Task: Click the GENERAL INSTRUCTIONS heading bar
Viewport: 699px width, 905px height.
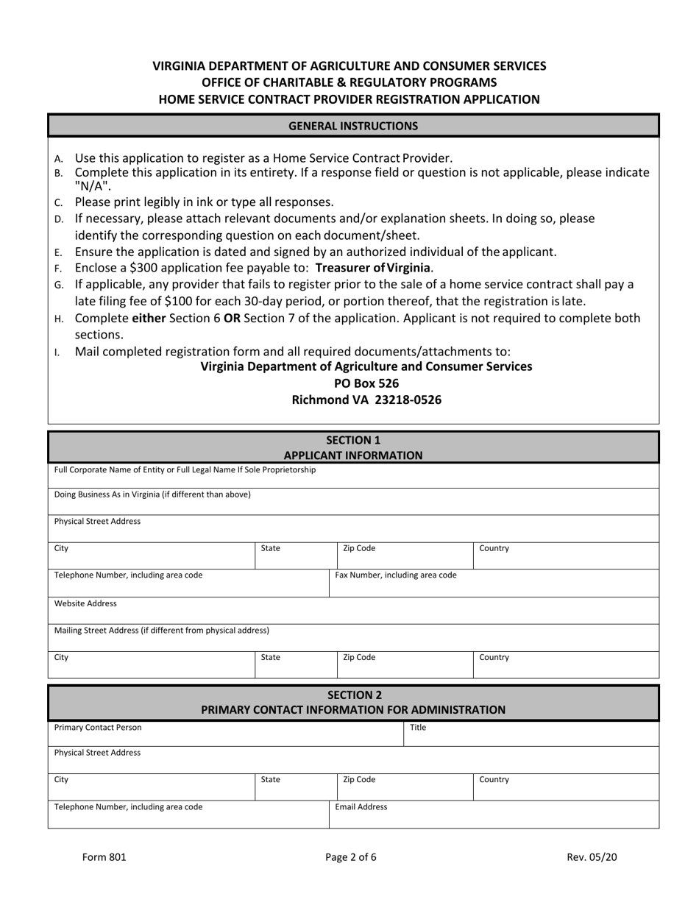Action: [x=353, y=126]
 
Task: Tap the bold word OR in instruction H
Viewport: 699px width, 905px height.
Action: [x=232, y=318]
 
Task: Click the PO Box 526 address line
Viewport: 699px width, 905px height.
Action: [x=366, y=383]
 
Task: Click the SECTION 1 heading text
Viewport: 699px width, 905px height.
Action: [x=353, y=440]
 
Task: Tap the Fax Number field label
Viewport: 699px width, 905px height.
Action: [x=396, y=575]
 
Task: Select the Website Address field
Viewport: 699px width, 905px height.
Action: [x=353, y=611]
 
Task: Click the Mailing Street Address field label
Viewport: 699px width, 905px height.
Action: [x=162, y=631]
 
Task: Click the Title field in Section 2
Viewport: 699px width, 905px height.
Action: [x=530, y=734]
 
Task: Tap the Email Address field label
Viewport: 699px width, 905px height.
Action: [x=361, y=807]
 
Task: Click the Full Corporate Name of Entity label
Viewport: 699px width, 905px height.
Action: [x=185, y=469]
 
